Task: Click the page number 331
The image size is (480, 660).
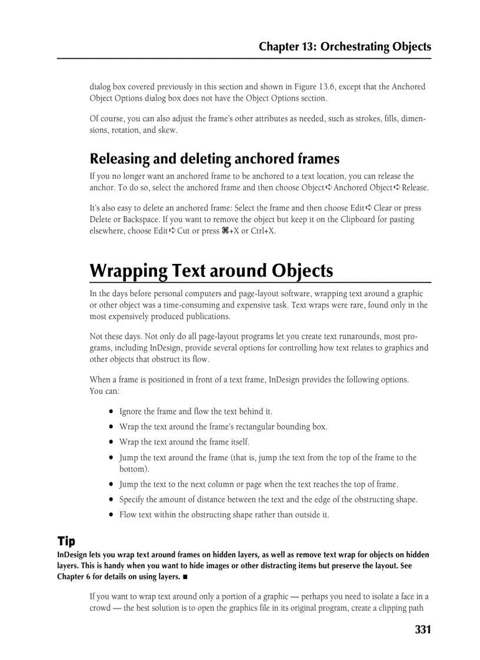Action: point(422,629)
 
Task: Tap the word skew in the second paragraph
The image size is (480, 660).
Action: point(168,130)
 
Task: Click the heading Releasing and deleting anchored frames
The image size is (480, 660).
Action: point(214,159)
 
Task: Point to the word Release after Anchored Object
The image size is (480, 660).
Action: point(415,187)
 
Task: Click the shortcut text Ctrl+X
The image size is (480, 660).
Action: point(262,231)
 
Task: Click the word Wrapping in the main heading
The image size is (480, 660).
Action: point(128,271)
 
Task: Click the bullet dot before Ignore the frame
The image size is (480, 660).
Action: point(111,412)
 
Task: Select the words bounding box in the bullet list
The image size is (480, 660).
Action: point(302,427)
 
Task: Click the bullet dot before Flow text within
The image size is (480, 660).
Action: point(111,515)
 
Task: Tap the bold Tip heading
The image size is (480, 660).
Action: point(66,541)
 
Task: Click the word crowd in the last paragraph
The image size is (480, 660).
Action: point(100,608)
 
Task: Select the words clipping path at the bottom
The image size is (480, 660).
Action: point(403,608)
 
